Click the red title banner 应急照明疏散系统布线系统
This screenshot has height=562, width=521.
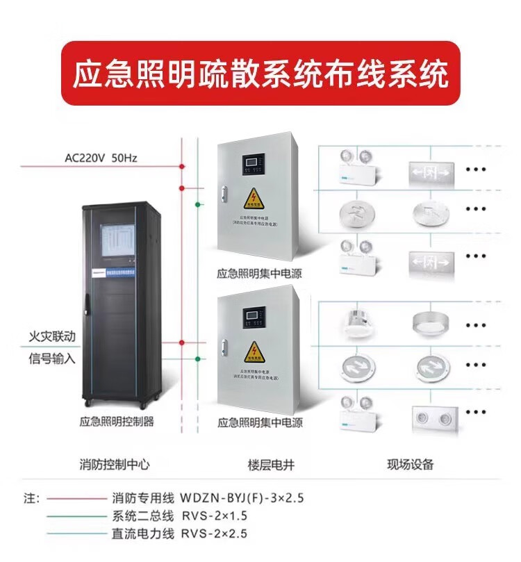click(x=260, y=74)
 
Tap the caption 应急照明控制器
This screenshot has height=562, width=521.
click(x=117, y=421)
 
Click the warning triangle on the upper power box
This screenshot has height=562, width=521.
click(x=252, y=201)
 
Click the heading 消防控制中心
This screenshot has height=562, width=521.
click(x=115, y=465)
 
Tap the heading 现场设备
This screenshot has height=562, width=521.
click(x=410, y=465)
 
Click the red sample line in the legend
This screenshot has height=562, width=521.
click(x=76, y=498)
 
